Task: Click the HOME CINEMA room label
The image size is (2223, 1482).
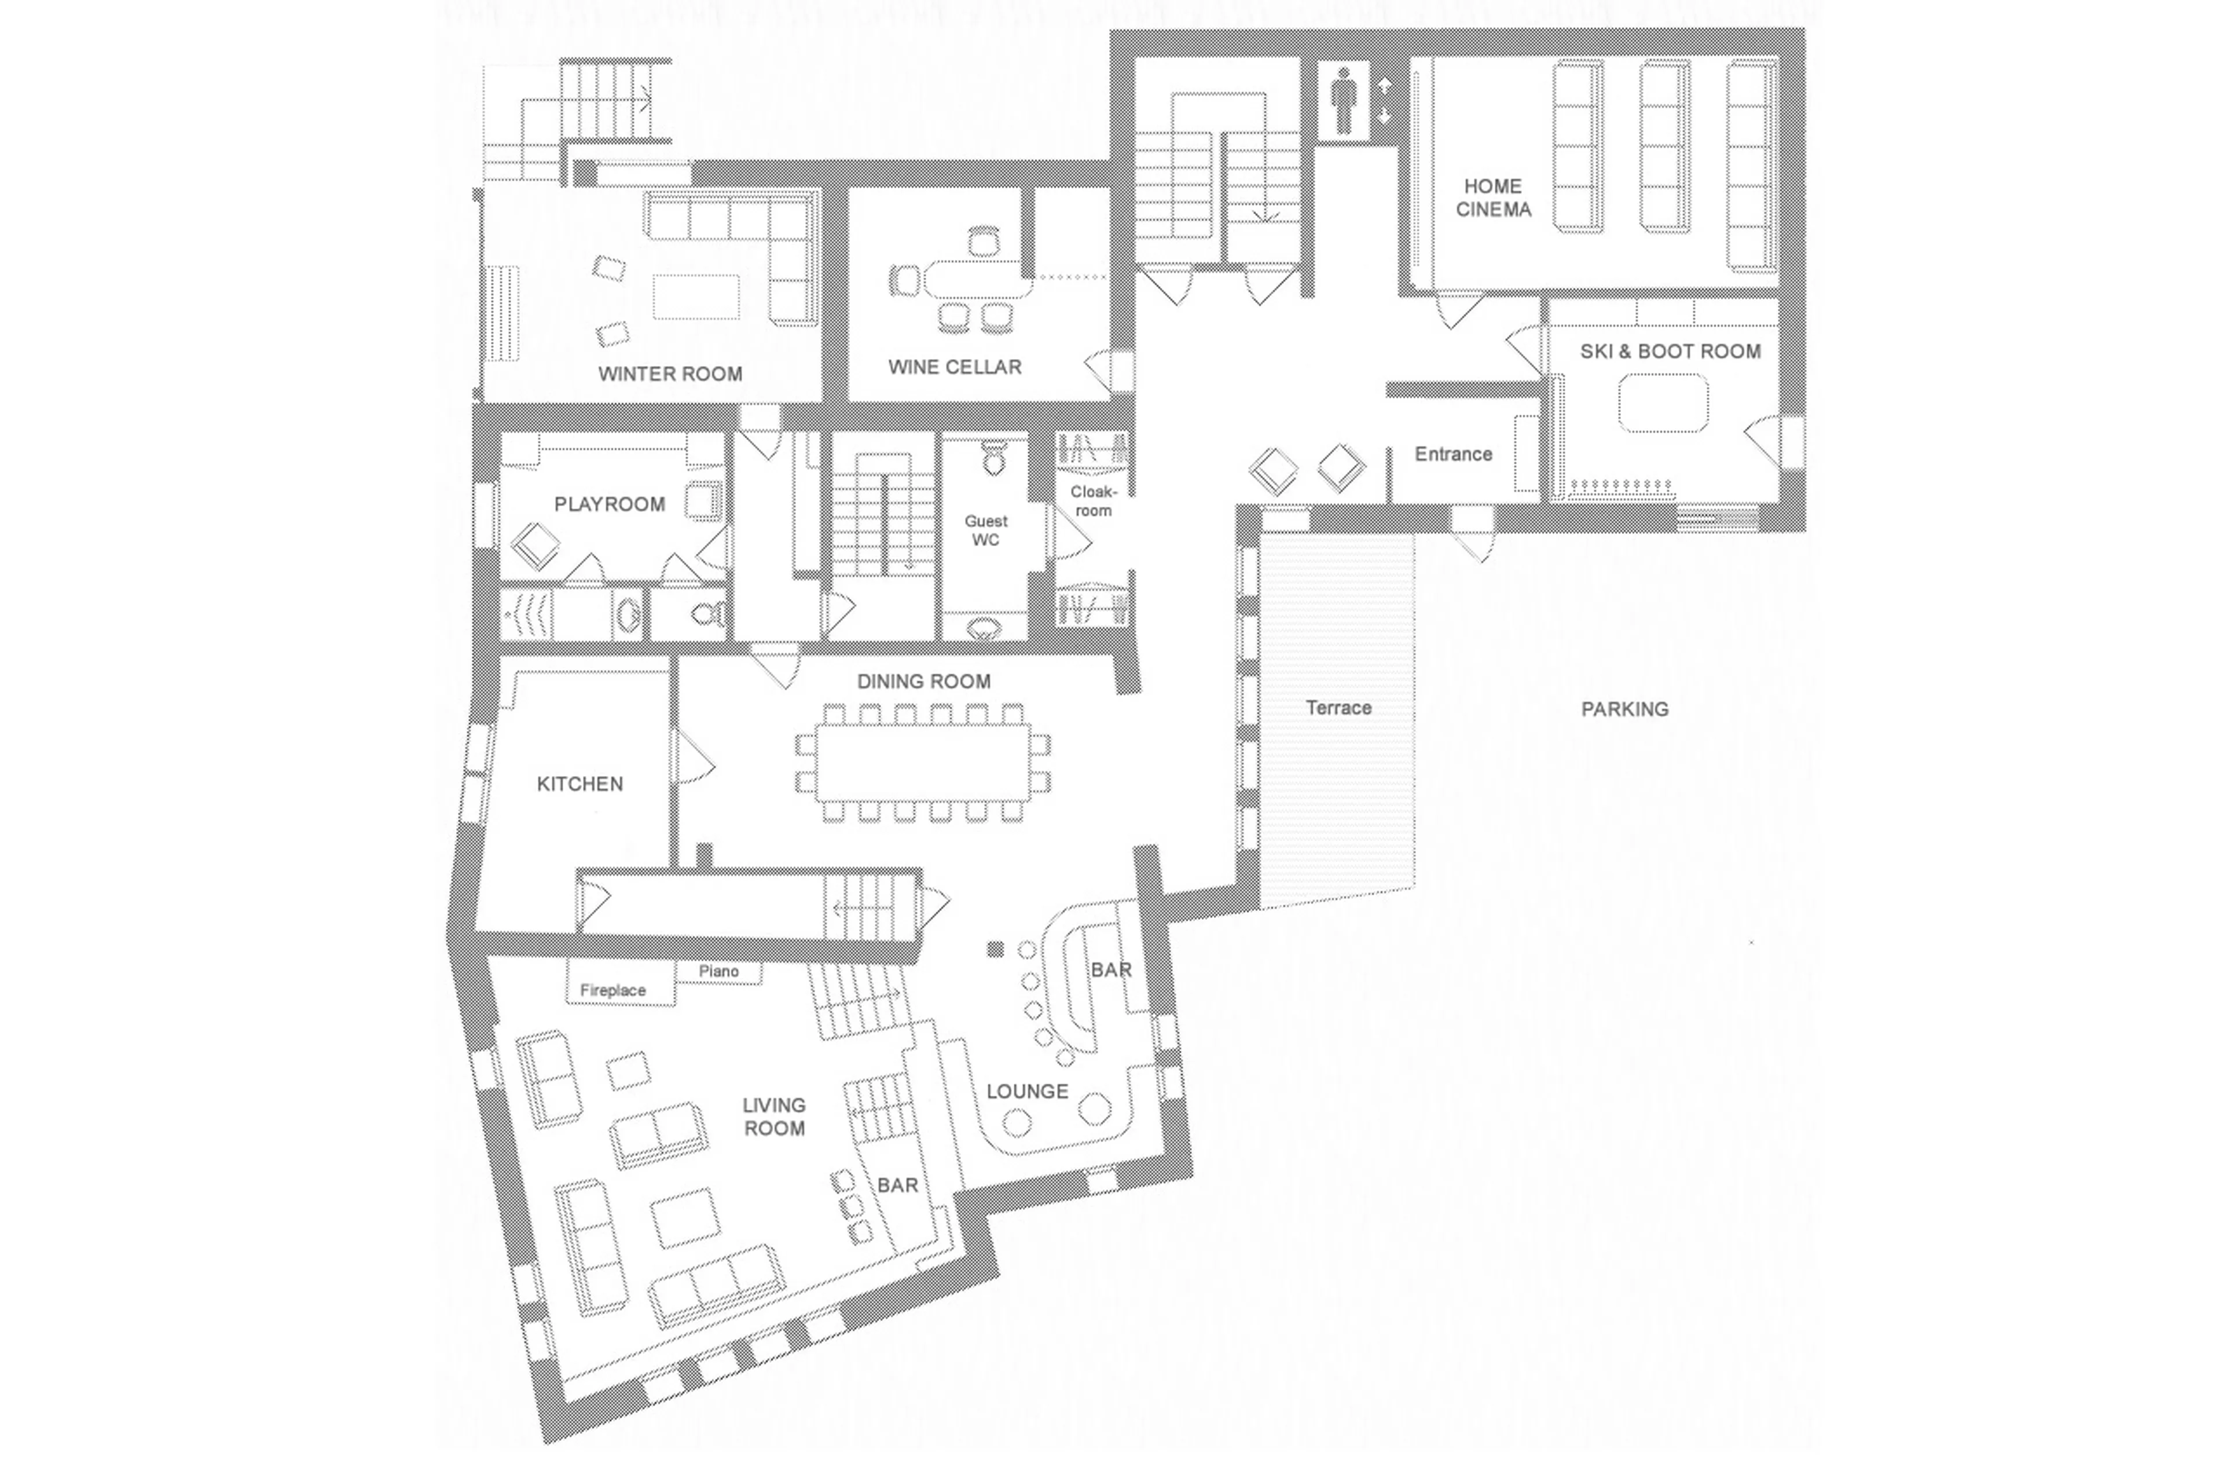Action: pos(1492,197)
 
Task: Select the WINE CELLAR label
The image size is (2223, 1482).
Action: pos(954,367)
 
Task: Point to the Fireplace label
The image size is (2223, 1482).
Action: pos(612,990)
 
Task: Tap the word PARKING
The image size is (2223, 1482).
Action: pos(1624,709)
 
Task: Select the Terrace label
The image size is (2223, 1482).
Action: pos(1338,707)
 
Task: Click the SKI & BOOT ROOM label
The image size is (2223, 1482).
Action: pos(1670,352)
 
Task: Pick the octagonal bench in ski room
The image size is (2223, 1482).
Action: pos(1662,404)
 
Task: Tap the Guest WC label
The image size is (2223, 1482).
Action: pos(985,530)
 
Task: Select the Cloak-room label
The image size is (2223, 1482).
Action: pos(1093,501)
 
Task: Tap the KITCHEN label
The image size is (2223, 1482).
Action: pos(579,784)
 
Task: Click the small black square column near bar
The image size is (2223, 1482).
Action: pos(995,949)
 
